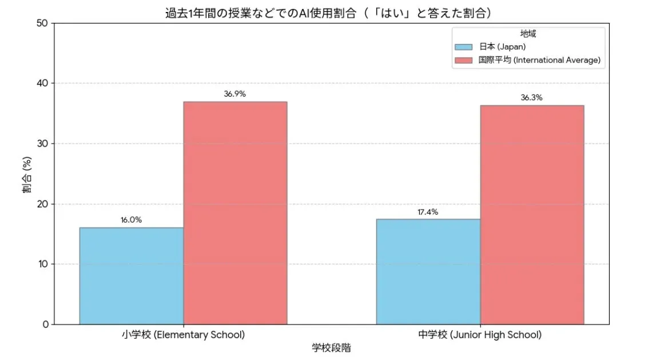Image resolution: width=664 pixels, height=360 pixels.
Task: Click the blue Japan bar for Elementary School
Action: (x=132, y=276)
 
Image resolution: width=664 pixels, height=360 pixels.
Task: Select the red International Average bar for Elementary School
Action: (x=235, y=213)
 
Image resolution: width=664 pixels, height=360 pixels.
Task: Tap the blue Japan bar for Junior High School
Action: (x=428, y=271)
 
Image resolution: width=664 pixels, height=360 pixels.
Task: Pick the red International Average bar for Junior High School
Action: (x=532, y=215)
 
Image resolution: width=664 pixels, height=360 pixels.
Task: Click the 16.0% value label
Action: (x=131, y=220)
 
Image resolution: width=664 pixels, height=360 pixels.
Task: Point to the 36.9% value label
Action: (x=234, y=94)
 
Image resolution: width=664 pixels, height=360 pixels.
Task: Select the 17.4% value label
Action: (x=428, y=212)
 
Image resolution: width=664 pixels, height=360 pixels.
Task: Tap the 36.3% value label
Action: (x=531, y=97)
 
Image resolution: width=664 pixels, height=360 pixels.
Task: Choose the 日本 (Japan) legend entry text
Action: (x=502, y=47)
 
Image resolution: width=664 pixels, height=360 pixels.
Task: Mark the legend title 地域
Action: (x=528, y=34)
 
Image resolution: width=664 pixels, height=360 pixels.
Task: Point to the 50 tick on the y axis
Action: (x=42, y=23)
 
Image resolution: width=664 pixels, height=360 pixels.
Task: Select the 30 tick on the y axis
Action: (x=42, y=144)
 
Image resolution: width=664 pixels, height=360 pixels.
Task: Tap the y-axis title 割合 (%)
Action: (x=27, y=174)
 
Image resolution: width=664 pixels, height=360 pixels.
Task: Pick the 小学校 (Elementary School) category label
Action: (x=183, y=335)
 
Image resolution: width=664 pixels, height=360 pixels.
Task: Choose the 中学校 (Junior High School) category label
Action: (x=480, y=335)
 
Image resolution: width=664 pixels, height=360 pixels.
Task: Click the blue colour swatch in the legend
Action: (x=464, y=47)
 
